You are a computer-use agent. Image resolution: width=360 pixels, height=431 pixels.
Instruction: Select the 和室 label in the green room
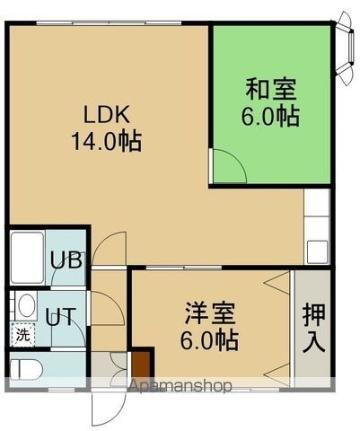[x=271, y=88]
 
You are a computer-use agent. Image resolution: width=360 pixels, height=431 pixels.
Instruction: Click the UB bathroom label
[x=64, y=263]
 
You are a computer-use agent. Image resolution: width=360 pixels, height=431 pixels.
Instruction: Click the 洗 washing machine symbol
[x=21, y=336]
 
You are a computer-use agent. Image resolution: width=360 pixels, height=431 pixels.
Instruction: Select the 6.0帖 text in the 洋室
[x=208, y=339]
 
